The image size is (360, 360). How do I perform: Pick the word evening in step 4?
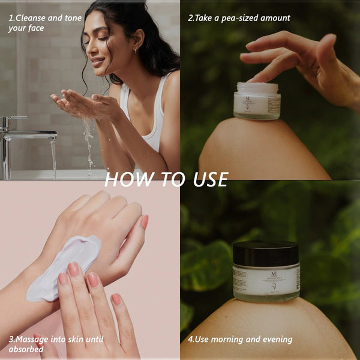pyautogui.click(x=272, y=340)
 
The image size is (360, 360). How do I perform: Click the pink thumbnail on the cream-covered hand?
pyautogui.click(x=144, y=221)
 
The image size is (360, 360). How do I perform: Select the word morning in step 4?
pyautogui.click(x=225, y=340)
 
